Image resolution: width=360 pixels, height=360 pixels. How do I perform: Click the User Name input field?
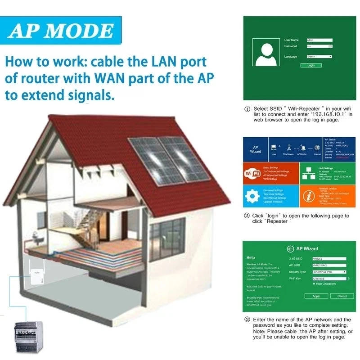(319, 40)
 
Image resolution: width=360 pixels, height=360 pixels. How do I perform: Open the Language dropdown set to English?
(319, 57)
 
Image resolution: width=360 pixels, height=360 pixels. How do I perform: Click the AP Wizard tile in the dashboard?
(255, 149)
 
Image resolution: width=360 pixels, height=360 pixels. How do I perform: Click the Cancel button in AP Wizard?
(342, 296)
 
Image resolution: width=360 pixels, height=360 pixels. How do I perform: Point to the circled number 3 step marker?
(247, 319)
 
